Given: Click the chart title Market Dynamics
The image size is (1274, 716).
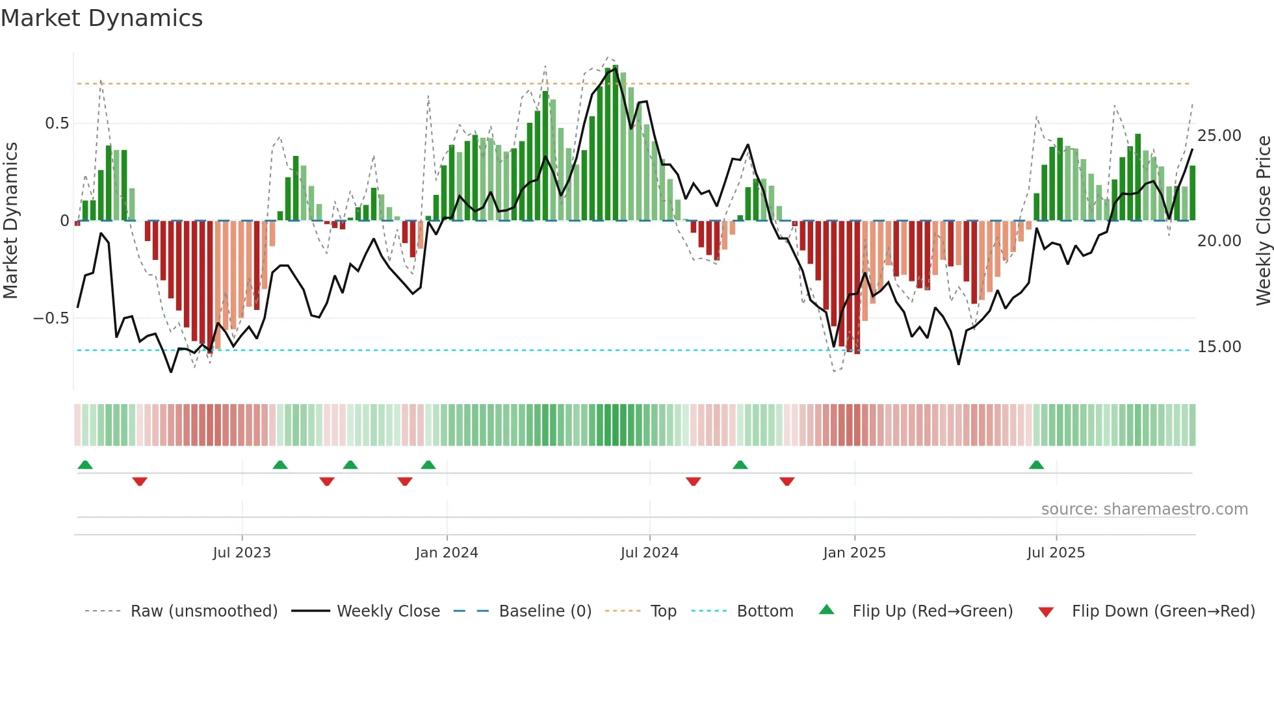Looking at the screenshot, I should click(x=101, y=18).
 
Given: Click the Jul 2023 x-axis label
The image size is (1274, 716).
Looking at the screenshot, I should click(x=241, y=553).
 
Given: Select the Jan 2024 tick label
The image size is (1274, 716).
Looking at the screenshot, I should click(x=447, y=553).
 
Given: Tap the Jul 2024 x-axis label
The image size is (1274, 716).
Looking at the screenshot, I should click(x=649, y=553).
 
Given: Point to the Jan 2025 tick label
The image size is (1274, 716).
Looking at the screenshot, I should click(x=854, y=553).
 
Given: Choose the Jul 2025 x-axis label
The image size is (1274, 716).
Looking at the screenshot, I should click(x=1056, y=553).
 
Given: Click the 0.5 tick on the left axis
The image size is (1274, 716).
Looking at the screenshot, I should click(x=57, y=123).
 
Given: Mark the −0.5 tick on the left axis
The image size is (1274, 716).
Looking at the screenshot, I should click(x=51, y=318).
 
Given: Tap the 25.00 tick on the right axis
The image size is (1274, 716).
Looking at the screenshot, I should click(x=1219, y=136).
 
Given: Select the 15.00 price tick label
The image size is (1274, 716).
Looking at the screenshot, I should click(x=1219, y=347).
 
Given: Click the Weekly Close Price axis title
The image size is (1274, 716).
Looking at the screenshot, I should click(x=1263, y=220).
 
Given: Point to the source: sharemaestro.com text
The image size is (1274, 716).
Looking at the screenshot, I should click(x=1144, y=509).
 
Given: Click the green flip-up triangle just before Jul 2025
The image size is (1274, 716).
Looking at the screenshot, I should click(x=1036, y=465).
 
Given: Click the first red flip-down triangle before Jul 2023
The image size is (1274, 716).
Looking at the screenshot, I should click(x=140, y=481).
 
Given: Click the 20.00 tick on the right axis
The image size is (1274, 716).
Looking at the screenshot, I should click(x=1219, y=241).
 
